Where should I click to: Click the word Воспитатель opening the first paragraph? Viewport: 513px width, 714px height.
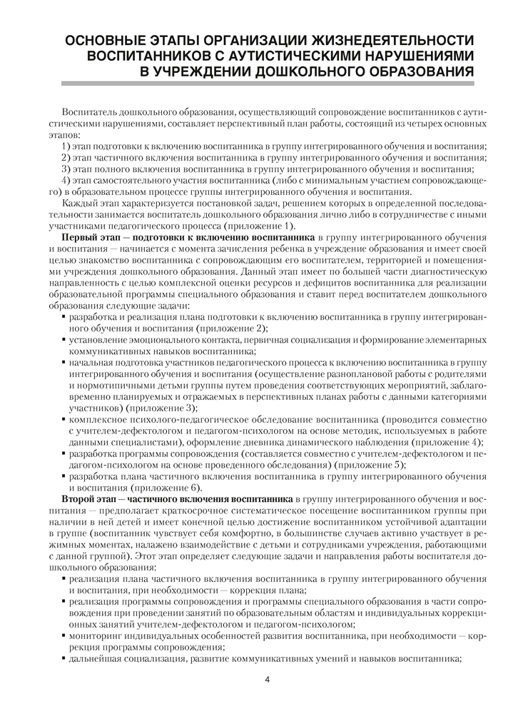(91, 111)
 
